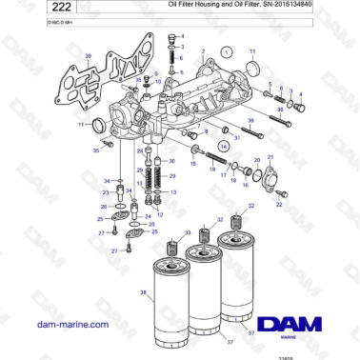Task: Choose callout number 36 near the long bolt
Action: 250,121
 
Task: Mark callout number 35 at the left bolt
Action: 96,150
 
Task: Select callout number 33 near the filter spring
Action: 188,233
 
